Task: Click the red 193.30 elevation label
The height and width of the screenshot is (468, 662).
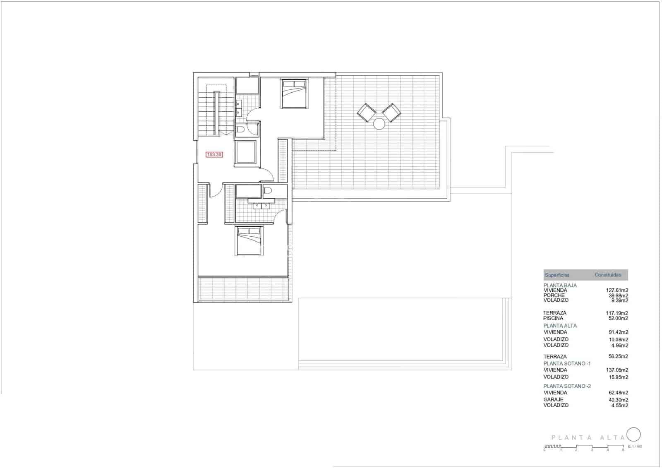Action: coord(214,155)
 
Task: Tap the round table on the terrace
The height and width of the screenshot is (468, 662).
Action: coord(379,124)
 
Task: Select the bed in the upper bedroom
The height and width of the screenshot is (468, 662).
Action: coord(294,94)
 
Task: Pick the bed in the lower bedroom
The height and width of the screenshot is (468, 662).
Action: coord(249,241)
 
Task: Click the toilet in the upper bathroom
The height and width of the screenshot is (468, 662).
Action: coord(240,130)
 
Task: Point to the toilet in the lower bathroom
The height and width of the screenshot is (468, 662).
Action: coord(268,191)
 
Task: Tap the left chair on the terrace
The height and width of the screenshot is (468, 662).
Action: coord(367,112)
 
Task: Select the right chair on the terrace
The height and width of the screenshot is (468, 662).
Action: coord(391,112)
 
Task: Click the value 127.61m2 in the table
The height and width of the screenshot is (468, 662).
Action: coord(617,290)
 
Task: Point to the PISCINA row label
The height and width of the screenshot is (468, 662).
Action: coord(553,318)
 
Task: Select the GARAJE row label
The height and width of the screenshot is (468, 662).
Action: coord(553,400)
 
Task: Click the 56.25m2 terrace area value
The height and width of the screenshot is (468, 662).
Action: coord(617,356)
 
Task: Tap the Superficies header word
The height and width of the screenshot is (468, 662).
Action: coord(557,275)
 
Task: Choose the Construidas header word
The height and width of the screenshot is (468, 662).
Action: coord(608,275)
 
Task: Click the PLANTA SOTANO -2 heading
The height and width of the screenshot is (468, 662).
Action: coord(567,386)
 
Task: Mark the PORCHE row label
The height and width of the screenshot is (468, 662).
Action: coord(554,295)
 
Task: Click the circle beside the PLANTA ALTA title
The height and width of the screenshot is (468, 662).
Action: coord(633,434)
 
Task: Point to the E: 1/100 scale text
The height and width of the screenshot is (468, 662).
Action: coord(635,446)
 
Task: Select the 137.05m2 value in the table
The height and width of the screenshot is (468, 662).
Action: coord(617,370)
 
